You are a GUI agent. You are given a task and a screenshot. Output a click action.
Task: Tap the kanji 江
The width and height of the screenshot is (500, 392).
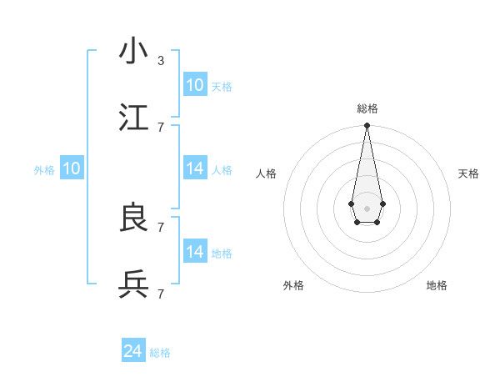134,118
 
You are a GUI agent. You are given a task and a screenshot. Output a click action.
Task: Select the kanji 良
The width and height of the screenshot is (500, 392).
134,218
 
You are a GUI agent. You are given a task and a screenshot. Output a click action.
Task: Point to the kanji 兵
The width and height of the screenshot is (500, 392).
134,284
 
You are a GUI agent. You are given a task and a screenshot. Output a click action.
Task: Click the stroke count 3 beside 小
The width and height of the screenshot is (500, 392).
161,60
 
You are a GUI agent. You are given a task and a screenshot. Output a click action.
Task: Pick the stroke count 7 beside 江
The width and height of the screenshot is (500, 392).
161,127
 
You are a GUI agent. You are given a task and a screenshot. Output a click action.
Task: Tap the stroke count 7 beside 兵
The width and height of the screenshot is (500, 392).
161,294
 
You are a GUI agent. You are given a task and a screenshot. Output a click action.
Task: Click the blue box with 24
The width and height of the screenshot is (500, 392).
133,352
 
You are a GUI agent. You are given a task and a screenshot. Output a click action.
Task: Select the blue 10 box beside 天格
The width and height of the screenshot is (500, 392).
195,85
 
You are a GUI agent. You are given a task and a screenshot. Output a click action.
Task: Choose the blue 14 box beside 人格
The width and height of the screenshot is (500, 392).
195,168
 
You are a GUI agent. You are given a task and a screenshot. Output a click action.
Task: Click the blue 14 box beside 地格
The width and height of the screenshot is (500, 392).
195,252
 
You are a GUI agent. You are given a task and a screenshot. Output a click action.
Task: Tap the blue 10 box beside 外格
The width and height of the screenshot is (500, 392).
72,168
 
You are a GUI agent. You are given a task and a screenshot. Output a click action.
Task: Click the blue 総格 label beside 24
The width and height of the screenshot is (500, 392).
160,353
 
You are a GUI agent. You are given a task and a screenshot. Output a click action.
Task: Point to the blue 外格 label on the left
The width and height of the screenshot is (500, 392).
44,169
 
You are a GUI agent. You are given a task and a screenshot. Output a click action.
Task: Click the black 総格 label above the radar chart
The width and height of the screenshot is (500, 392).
367,108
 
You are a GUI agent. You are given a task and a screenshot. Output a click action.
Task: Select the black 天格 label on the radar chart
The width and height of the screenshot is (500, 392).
468,173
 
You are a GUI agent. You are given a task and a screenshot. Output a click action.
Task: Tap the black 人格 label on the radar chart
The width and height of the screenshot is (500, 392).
267,173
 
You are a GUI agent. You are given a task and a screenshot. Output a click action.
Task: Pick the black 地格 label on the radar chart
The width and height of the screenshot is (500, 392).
437,285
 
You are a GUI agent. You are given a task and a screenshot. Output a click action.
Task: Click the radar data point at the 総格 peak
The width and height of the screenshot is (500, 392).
367,126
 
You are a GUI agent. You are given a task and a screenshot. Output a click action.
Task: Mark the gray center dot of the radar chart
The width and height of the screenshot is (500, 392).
367,208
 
